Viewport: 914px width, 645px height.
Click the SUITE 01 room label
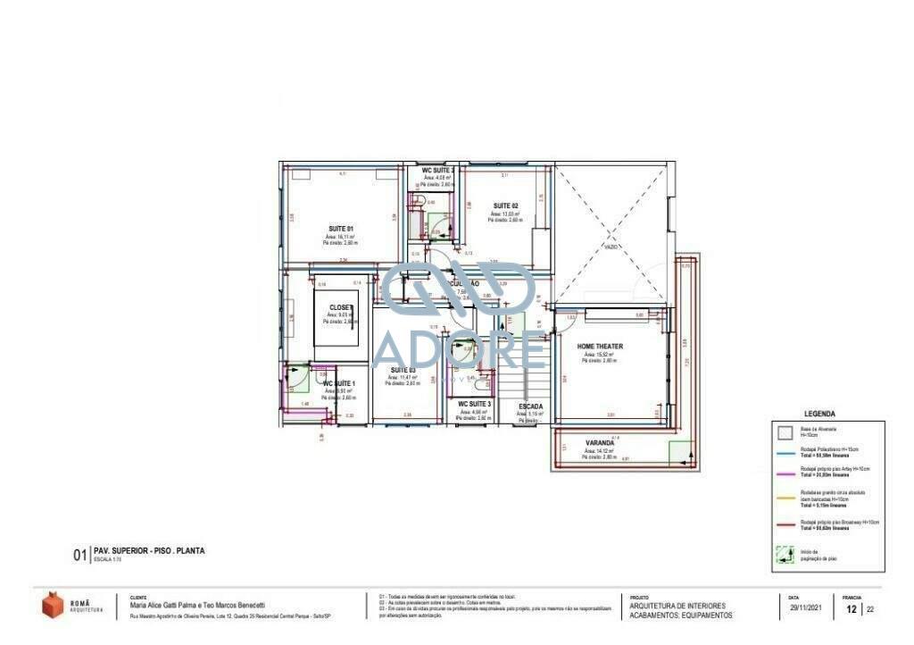(x=340, y=230)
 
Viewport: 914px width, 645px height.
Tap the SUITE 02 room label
(x=505, y=206)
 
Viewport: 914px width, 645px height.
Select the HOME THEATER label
(x=600, y=347)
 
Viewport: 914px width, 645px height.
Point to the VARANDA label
(x=599, y=443)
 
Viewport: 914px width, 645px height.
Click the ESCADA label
(x=531, y=406)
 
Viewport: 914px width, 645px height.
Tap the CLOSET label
(x=341, y=307)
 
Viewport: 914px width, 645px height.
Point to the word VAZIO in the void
(x=611, y=247)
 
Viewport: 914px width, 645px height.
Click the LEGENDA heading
(x=819, y=414)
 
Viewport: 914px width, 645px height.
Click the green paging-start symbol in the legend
(x=784, y=555)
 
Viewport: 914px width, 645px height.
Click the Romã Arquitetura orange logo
(x=54, y=605)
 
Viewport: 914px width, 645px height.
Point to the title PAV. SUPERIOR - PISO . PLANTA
(x=149, y=551)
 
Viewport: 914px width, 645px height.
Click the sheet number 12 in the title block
(x=852, y=610)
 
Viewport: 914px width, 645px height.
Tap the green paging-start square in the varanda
(x=680, y=454)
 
